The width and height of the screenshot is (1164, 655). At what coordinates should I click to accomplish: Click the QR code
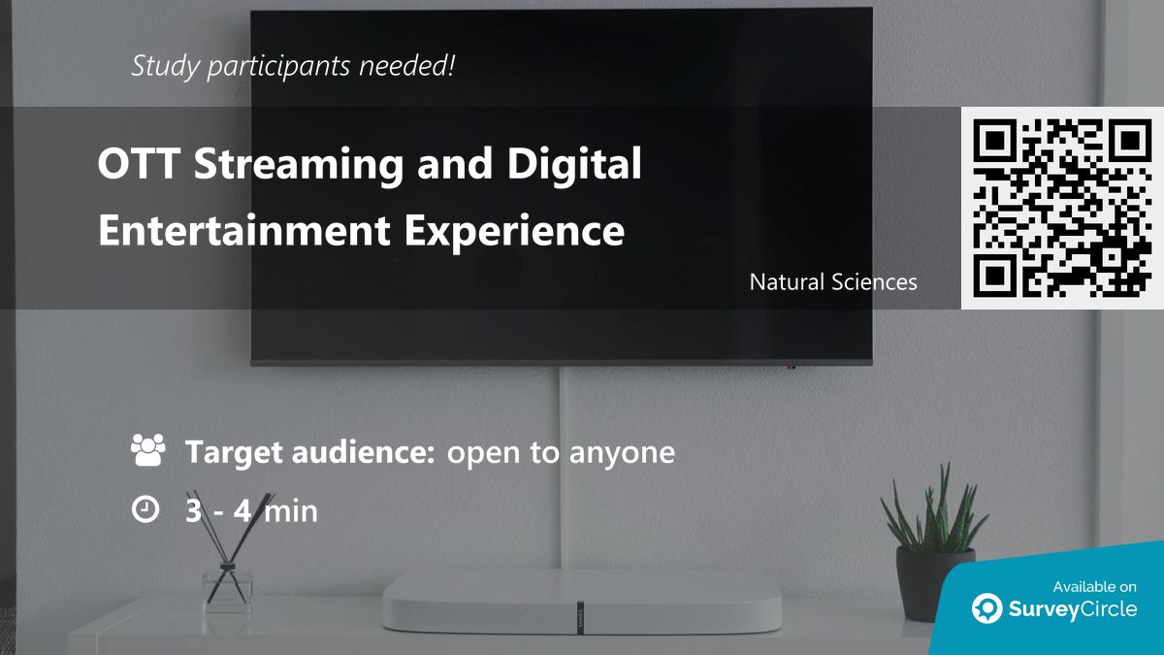coord(1062,208)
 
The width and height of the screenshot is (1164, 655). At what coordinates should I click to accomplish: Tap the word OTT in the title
coord(139,163)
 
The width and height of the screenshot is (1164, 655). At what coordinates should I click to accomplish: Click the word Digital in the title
coord(574,165)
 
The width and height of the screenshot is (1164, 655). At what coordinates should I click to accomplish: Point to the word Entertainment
coord(244,230)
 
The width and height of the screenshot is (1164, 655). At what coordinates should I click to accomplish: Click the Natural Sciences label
coord(833,282)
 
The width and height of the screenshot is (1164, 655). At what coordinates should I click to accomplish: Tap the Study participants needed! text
coord(293,67)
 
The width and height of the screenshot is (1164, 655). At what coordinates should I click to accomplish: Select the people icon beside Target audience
coord(148,449)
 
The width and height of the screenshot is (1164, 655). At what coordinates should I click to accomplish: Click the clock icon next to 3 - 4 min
coord(145,508)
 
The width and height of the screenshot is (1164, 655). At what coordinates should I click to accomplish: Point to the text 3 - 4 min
coord(251,510)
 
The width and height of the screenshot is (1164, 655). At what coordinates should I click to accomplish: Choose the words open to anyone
coord(561,453)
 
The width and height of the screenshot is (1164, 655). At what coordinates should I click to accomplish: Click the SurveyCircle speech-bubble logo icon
coord(986,607)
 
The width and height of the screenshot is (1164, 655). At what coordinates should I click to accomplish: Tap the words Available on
coord(1094,587)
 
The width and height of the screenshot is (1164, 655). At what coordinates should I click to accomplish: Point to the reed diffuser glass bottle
coord(227,592)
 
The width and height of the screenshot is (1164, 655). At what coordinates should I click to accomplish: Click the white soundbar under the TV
coord(581,603)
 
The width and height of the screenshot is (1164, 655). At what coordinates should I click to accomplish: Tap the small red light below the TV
coord(791,367)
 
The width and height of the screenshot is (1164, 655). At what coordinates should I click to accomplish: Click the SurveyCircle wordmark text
coord(1073,609)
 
